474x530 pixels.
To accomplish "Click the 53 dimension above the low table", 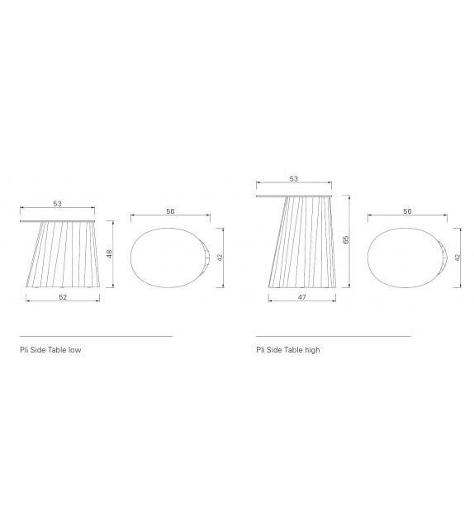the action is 58,204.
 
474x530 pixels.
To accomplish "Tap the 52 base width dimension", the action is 63,297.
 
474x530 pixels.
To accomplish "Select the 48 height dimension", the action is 109,254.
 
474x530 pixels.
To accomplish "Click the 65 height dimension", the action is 345,240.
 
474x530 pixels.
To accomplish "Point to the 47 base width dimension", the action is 302,297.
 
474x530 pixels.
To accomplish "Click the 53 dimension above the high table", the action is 294,179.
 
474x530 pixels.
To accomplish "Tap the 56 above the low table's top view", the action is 170,211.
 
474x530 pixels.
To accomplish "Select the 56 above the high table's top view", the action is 407,211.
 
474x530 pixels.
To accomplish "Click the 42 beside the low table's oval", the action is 220,258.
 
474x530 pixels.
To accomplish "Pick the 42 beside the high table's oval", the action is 457,258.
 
